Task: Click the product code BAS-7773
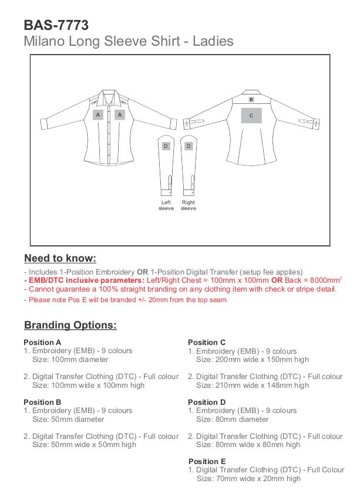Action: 56,25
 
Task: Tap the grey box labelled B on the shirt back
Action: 251,100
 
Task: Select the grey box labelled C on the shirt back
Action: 251,116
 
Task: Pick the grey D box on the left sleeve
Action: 166,146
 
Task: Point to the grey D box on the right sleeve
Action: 189,146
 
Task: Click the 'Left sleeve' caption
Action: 166,205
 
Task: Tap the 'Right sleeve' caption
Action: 189,205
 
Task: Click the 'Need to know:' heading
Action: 60,259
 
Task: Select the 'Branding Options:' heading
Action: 70,325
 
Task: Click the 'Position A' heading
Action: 42,342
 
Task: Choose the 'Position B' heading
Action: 42,402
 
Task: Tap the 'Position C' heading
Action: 207,342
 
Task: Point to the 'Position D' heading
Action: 207,402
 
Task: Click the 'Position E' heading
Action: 207,461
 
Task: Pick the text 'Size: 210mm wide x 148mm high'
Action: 253,385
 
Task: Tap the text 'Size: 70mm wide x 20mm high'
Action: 248,478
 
